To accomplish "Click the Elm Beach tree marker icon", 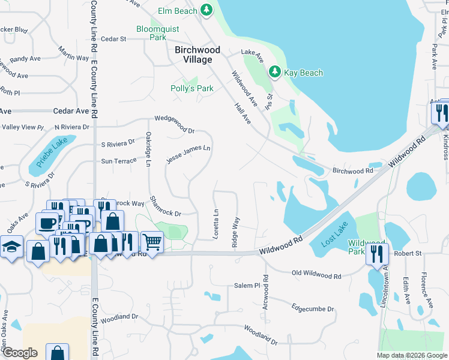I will (x=206, y=10).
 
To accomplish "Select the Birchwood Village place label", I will (x=197, y=55).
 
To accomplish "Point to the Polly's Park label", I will (x=192, y=88).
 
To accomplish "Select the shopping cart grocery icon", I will (x=152, y=243).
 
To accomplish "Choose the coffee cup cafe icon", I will (x=47, y=223).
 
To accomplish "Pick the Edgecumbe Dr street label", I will (x=313, y=308).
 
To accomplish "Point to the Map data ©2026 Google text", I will (x=411, y=355).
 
